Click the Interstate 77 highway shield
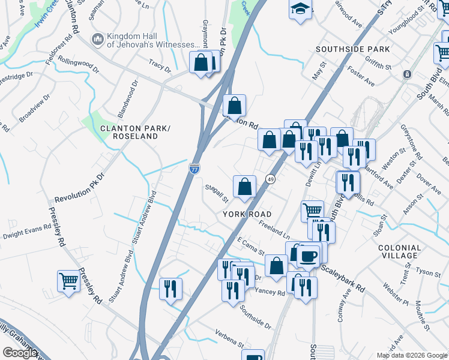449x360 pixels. (x=194, y=169)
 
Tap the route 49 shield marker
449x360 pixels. (x=271, y=179)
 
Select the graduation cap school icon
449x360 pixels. (x=300, y=10)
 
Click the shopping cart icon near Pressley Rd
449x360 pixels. (x=68, y=281)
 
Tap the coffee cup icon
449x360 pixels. (x=308, y=256)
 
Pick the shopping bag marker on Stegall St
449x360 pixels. (x=244, y=187)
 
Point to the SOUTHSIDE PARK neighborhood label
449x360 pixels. (x=353, y=49)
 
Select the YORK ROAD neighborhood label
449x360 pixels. (x=247, y=214)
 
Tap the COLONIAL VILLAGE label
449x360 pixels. (x=399, y=251)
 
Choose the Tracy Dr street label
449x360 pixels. (x=160, y=65)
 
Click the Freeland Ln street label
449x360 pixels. (x=274, y=227)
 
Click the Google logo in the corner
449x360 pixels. (x=19, y=353)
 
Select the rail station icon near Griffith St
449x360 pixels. (x=407, y=74)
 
